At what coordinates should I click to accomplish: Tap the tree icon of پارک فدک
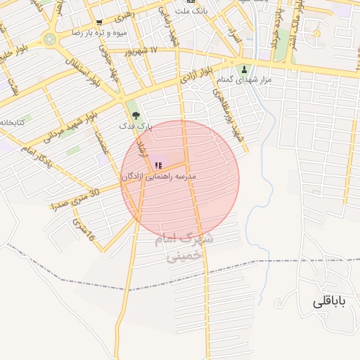coord(136,115)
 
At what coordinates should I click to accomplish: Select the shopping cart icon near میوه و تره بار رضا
coord(99,22)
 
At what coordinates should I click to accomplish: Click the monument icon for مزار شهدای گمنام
coord(245,69)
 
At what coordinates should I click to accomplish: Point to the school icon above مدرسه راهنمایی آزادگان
coord(157,166)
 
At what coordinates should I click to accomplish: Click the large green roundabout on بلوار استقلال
coord(49,38)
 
